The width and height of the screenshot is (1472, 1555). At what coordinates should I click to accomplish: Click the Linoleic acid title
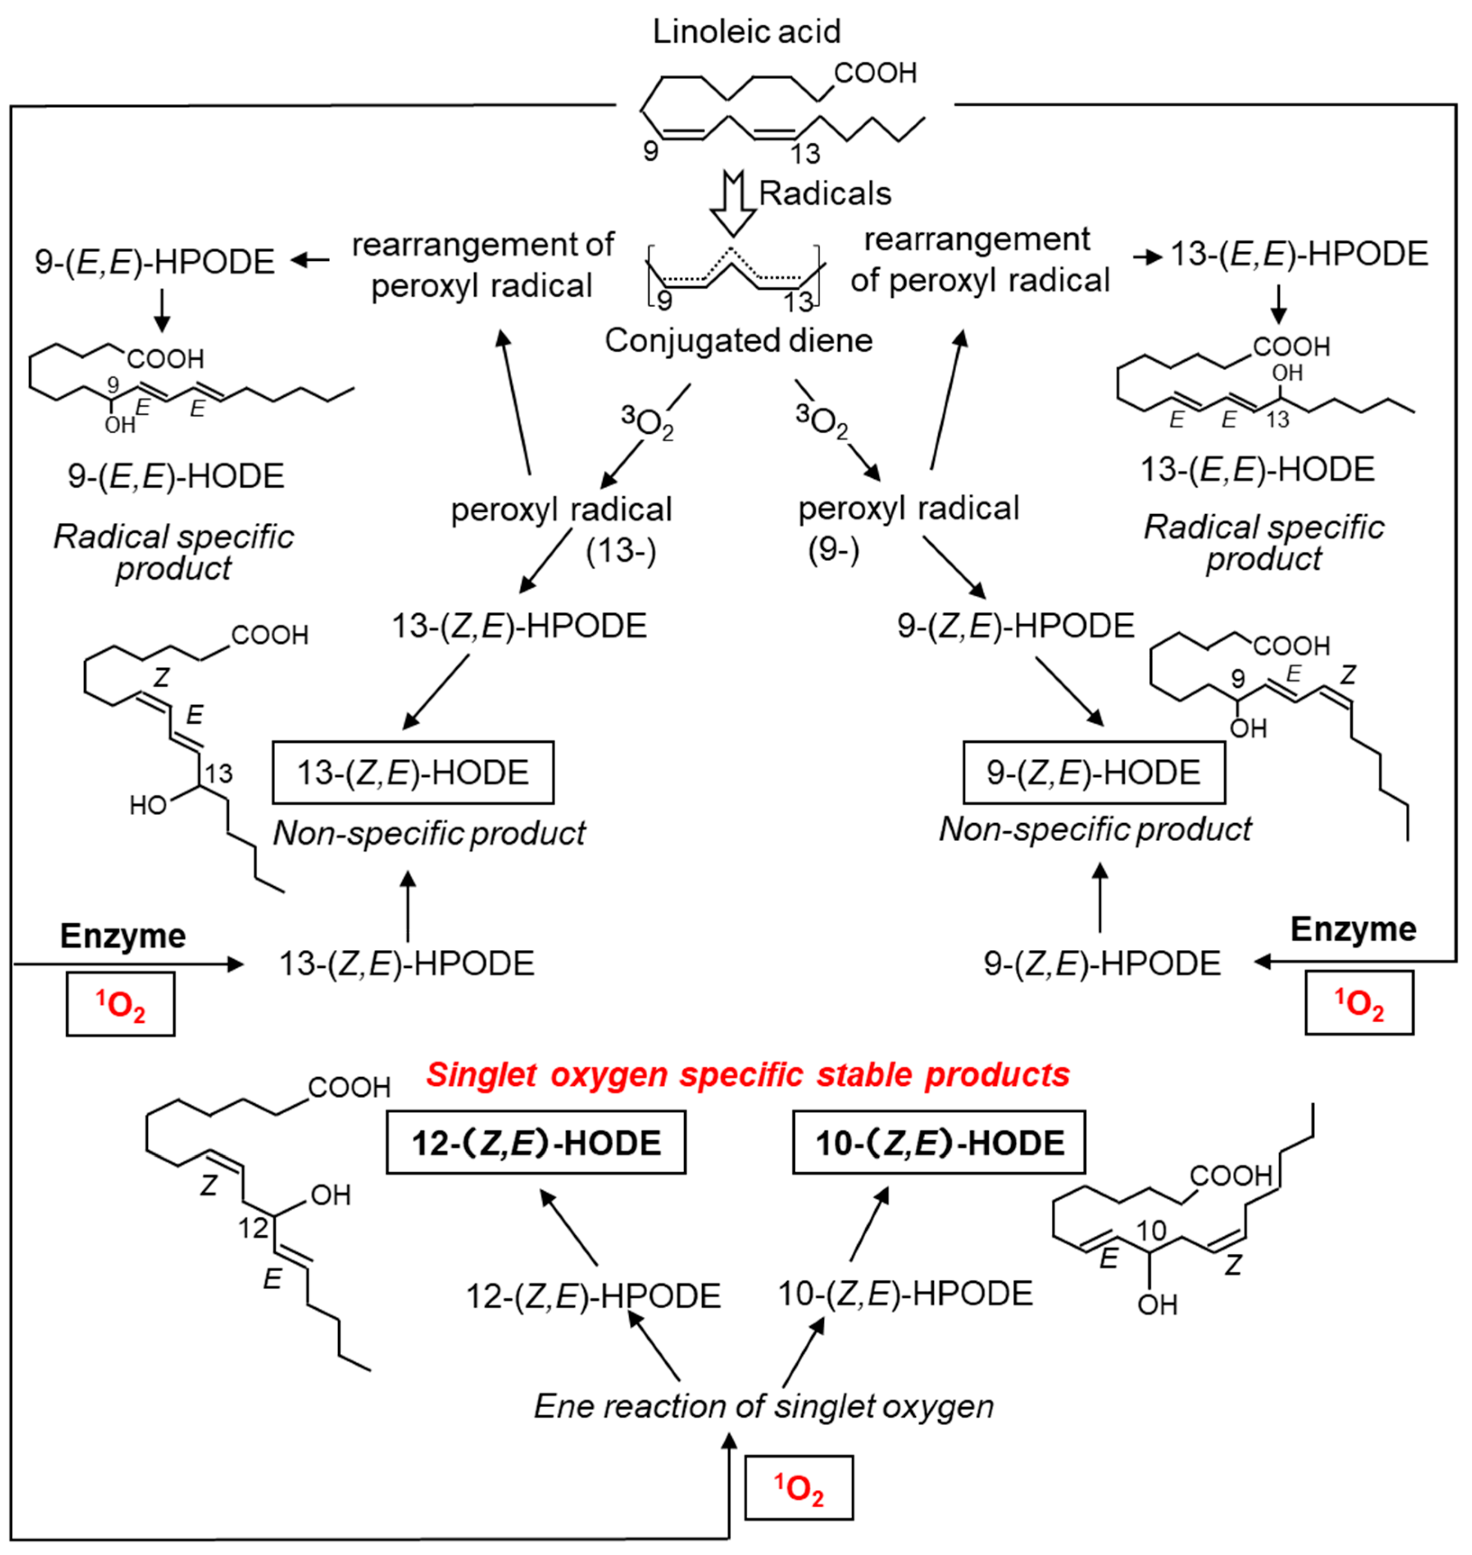746,32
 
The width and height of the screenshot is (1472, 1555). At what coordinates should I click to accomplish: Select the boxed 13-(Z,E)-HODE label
413,773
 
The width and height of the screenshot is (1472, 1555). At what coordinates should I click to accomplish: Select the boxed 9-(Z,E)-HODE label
1093,773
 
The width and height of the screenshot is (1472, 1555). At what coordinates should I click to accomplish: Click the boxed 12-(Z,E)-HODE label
536,1142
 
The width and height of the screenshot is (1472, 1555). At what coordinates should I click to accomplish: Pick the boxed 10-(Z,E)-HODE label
939,1142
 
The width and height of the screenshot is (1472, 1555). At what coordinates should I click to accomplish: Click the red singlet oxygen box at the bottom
799,1488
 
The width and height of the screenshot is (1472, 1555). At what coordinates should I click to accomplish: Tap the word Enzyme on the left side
123,936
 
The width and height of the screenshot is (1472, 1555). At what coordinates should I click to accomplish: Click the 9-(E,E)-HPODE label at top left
154,261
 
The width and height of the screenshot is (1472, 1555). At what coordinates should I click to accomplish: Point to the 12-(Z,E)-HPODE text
593,1296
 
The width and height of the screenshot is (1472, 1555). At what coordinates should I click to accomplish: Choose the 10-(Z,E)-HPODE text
905,1294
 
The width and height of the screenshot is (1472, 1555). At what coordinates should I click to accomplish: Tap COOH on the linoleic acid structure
875,73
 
